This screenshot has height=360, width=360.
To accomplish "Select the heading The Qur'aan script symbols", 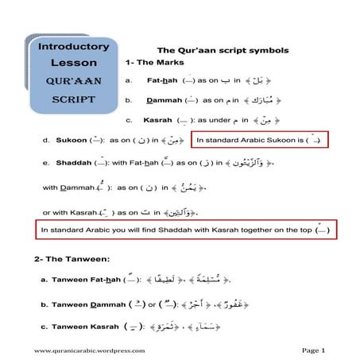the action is coord(211,49).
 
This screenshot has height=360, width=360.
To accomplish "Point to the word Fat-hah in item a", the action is coord(162,80).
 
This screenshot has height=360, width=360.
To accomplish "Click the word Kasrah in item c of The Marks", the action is coord(157,120).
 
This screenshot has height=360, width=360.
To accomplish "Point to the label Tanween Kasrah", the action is coord(84,327).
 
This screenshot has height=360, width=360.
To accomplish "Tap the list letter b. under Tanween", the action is coord(44,304).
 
